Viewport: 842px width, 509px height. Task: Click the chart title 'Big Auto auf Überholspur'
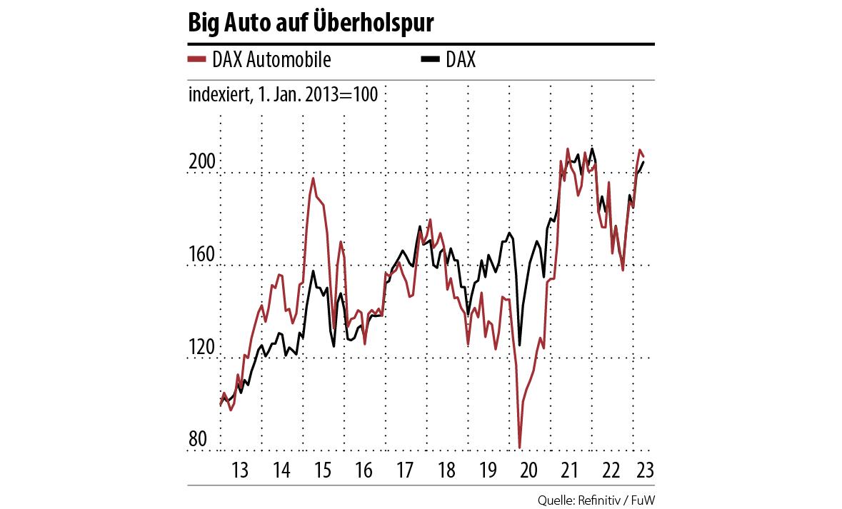pyautogui.click(x=311, y=23)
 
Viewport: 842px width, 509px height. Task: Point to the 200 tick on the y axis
pyautogui.click(x=201, y=163)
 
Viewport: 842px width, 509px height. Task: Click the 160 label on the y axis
pyautogui.click(x=201, y=255)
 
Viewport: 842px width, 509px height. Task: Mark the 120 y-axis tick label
pyautogui.click(x=201, y=348)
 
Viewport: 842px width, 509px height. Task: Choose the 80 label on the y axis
pyautogui.click(x=198, y=440)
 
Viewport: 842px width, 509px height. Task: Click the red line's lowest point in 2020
pyautogui.click(x=520, y=448)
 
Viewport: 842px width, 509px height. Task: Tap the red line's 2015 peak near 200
pyautogui.click(x=313, y=178)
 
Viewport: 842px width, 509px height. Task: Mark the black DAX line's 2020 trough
pyautogui.click(x=520, y=346)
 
